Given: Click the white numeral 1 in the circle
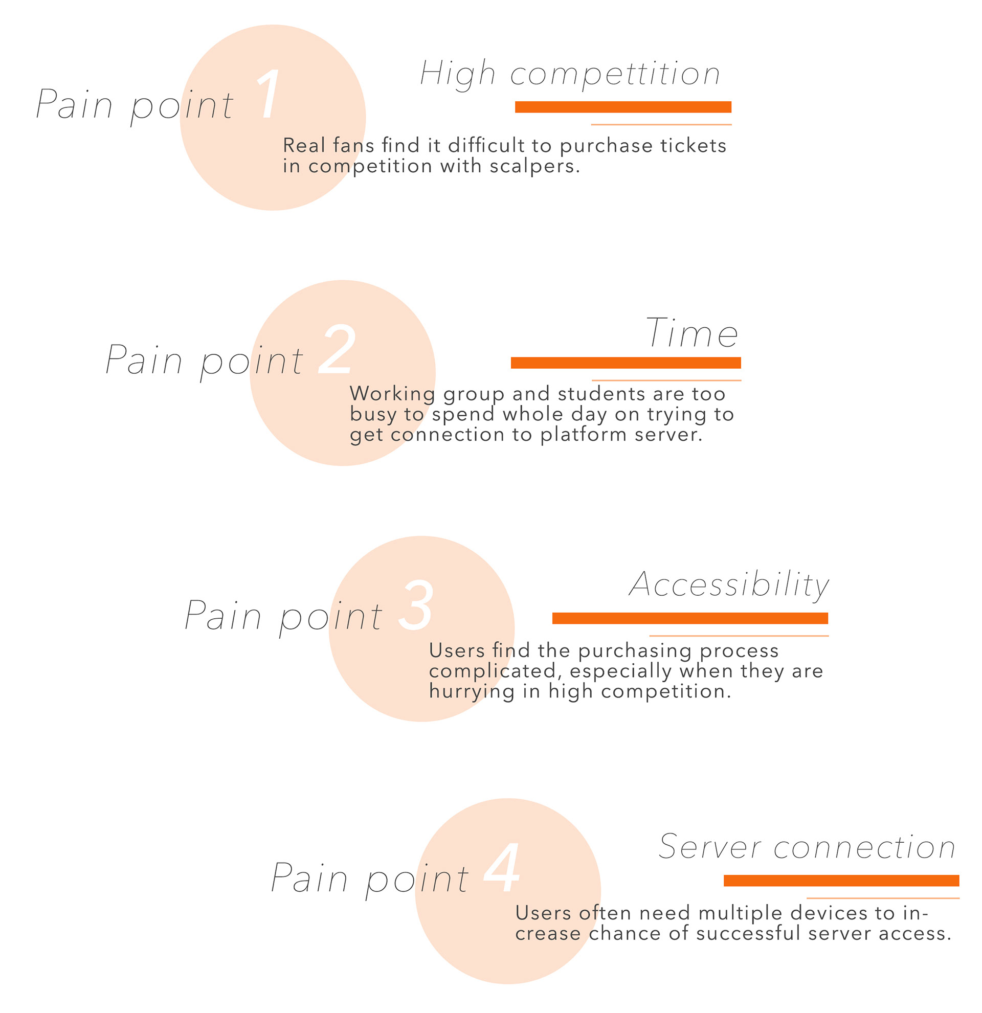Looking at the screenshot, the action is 269,94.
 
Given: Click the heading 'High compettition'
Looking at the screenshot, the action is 570,74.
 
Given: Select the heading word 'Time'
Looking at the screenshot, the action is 692,333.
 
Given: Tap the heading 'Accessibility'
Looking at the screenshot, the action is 729,586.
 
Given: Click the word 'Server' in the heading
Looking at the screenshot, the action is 709,848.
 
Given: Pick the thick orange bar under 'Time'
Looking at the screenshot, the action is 626,363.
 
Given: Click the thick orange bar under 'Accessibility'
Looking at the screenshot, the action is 690,618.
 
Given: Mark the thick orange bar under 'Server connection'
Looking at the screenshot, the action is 841,881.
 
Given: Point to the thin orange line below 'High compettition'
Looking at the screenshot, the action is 661,125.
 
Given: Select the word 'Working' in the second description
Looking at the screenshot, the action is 392,394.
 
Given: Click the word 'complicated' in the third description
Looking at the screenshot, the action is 492,671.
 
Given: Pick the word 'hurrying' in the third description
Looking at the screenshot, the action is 472,691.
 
